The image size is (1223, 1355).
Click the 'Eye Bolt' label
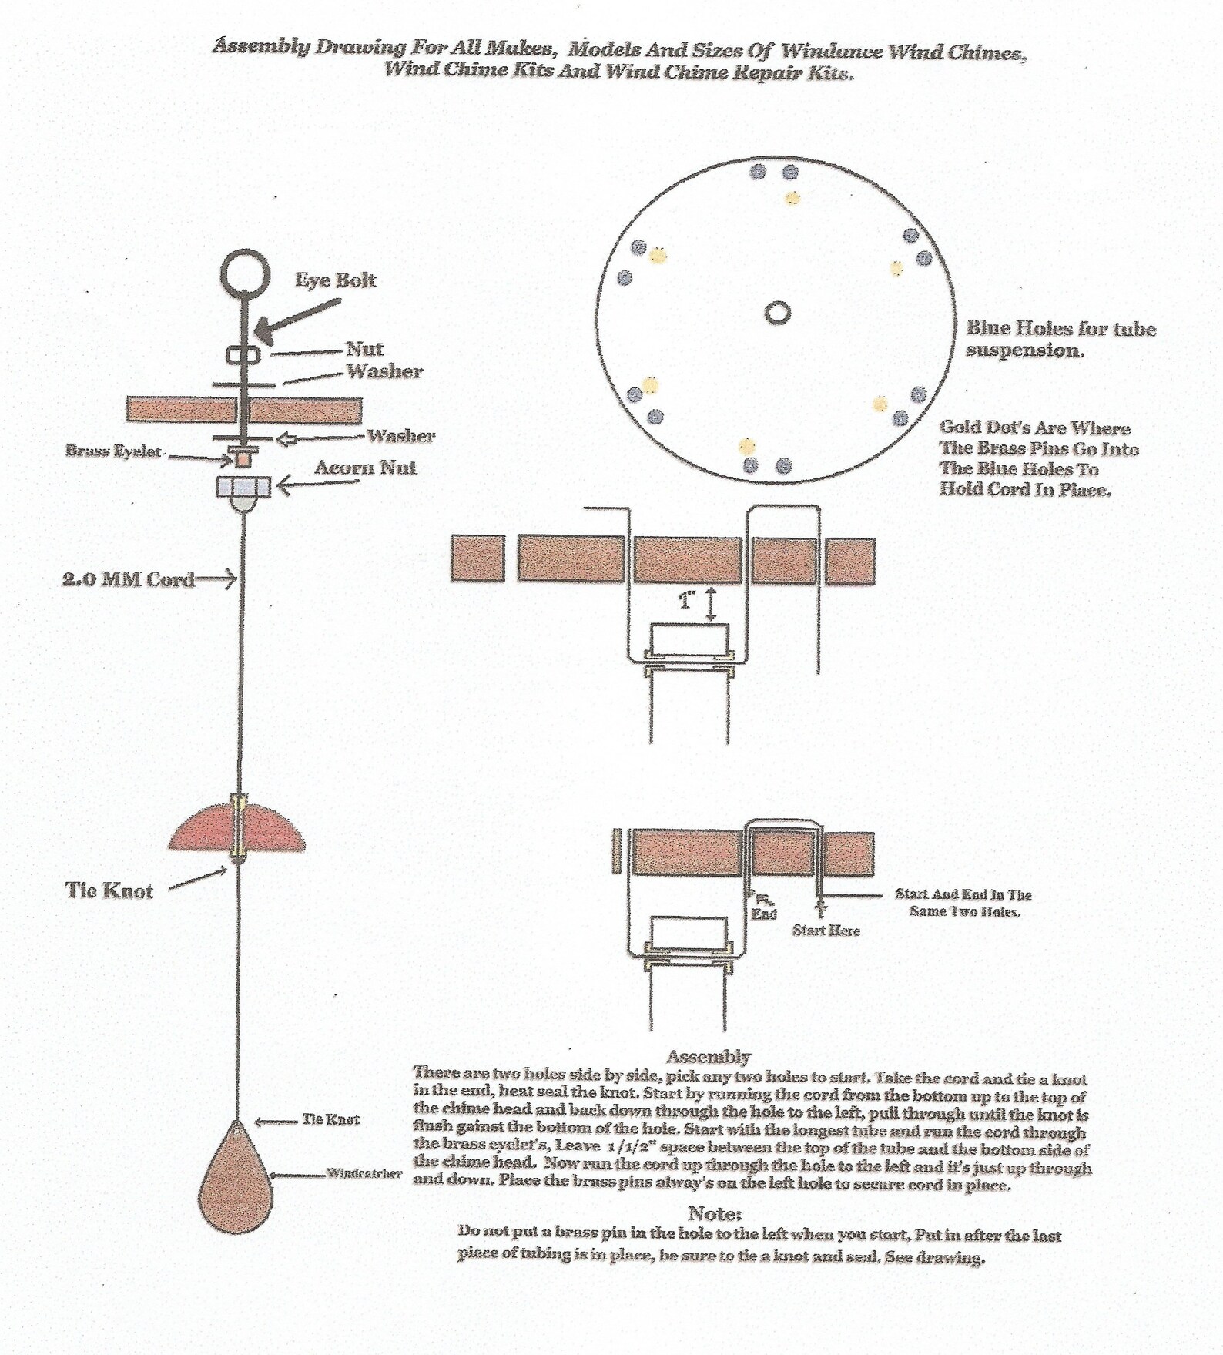[336, 280]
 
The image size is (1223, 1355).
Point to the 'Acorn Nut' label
[366, 468]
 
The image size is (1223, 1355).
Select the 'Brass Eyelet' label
[113, 451]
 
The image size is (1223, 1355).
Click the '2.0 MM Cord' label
[128, 579]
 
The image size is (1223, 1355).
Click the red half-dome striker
[236, 827]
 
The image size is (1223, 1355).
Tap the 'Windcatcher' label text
[364, 1174]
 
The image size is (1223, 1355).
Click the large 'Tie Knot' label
[109, 890]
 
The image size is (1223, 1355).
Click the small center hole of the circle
[778, 313]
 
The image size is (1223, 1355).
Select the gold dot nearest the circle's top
[792, 199]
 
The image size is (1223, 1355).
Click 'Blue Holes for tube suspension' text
[1060, 339]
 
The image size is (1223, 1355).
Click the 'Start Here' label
[826, 931]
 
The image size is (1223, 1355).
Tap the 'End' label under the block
[764, 914]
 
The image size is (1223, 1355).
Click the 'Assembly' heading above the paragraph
[708, 1056]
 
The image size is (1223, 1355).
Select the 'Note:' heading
[714, 1213]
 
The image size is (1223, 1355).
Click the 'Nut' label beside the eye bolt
[364, 349]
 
